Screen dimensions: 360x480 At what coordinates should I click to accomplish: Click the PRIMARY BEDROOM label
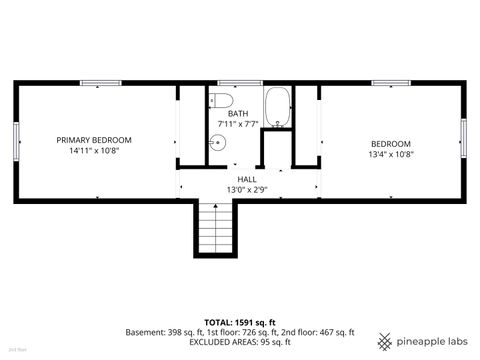coord(94,140)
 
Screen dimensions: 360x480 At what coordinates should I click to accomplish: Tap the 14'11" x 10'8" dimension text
coord(94,152)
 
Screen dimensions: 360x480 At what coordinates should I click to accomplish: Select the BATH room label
coord(238,114)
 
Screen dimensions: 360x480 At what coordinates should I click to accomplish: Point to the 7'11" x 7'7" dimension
coord(238,125)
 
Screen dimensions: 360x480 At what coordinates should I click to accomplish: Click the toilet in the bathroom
coord(221,101)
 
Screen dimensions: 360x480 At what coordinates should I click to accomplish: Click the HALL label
coord(246,179)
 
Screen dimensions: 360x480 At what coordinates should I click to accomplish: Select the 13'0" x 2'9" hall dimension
coord(246,189)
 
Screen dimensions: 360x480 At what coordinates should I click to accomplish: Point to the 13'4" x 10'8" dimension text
coord(391,154)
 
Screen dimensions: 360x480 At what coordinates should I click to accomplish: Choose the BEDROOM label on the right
coord(391,143)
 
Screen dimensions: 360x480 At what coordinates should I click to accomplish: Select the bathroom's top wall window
coord(233,83)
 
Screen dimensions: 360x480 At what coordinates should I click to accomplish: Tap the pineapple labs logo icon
coord(385,338)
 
